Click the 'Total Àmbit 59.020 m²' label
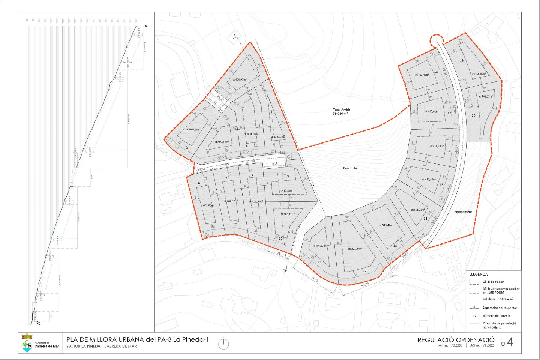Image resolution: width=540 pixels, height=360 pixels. (341, 111)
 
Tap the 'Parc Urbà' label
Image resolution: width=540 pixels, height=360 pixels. (350, 168)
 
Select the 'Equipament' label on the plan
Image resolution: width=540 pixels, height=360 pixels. (463, 212)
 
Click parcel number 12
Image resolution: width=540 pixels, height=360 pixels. (364, 271)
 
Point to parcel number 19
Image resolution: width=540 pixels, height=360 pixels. (461, 60)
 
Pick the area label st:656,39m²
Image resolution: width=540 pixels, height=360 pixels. (355, 249)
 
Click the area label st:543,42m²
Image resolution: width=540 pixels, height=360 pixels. (386, 225)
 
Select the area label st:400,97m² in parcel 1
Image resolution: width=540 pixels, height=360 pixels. (239, 79)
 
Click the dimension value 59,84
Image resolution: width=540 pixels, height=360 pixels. (365, 285)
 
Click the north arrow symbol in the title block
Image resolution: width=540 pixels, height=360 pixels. (223, 343)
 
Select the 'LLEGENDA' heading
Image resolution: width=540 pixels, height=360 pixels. (478, 274)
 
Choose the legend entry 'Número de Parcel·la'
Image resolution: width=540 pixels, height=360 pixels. (496, 316)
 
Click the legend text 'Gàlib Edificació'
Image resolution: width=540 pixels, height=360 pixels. (493, 282)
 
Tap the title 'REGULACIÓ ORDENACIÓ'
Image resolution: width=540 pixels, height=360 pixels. (456, 340)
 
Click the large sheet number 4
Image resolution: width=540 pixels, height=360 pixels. (510, 342)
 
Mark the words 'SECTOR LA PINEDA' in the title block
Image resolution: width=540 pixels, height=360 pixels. (83, 346)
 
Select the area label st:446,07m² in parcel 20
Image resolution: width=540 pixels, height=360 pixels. (485, 96)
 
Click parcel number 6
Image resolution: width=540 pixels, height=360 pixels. (199, 183)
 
